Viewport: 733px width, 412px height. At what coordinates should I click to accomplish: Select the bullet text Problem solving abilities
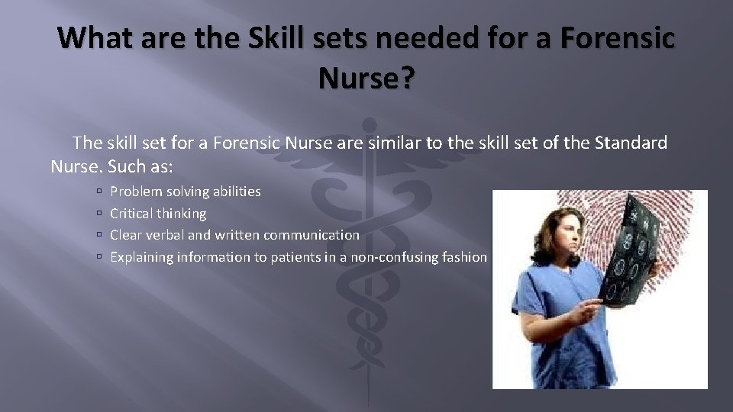click(186, 192)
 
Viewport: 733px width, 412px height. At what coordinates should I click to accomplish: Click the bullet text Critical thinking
click(158, 214)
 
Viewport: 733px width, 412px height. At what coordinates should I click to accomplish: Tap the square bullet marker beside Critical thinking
click(99, 214)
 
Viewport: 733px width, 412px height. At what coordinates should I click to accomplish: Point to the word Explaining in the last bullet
click(142, 257)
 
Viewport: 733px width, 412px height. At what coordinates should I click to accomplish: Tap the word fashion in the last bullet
click(464, 257)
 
